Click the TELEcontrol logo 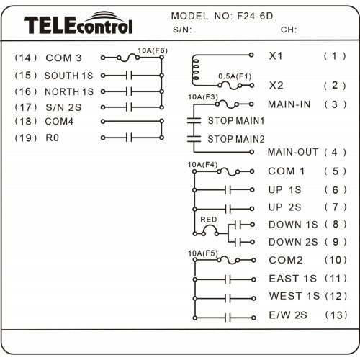tap(78, 23)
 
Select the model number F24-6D tap(255, 16)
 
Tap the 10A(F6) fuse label tap(153, 50)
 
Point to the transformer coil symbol tap(195, 70)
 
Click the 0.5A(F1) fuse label tap(235, 76)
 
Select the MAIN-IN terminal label tap(289, 104)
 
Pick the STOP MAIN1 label tap(236, 120)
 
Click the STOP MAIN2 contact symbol tap(194, 139)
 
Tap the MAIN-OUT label tap(293, 152)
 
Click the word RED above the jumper tap(209, 220)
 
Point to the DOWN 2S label tap(293, 242)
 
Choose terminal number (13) tap(336, 315)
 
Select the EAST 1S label tap(292, 279)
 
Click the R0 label tap(52, 138)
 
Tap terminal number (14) tap(26, 58)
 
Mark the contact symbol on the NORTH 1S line tap(129, 91)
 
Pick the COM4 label tap(59, 122)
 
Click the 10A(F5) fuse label tap(203, 253)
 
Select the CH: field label tap(289, 30)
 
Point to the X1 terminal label tap(276, 56)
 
